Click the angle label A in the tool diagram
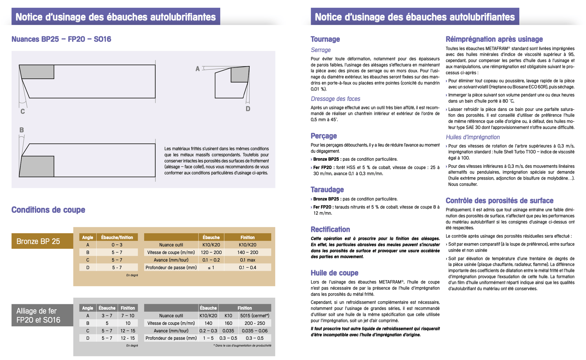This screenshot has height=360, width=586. pos(197,69)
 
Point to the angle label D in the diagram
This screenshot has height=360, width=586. pos(248,109)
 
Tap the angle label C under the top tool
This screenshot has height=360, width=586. pos(23,112)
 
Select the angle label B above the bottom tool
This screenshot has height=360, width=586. pos(22,130)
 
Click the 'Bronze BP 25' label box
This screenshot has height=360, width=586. pos(42,241)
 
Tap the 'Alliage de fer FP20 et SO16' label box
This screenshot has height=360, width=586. pos(42,315)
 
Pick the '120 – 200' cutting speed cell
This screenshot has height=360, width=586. pos(211,252)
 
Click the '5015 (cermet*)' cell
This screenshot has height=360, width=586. pos(255,316)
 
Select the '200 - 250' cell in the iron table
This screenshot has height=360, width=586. pos(255,323)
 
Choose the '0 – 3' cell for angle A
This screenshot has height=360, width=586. pos(117,245)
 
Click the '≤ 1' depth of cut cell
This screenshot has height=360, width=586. pos(211,268)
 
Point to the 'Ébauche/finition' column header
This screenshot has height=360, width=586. pos(117,237)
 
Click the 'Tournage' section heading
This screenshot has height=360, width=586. pos(325,39)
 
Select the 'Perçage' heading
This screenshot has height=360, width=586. pos(324,136)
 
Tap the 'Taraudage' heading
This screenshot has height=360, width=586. pos(327,190)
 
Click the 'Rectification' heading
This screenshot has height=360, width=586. pos(330,229)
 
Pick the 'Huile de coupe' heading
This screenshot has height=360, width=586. pos(334,273)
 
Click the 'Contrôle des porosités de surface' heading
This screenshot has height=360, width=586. pos(499,200)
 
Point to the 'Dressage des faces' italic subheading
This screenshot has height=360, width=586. pos(335,99)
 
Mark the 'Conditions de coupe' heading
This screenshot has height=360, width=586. pos(48,210)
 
